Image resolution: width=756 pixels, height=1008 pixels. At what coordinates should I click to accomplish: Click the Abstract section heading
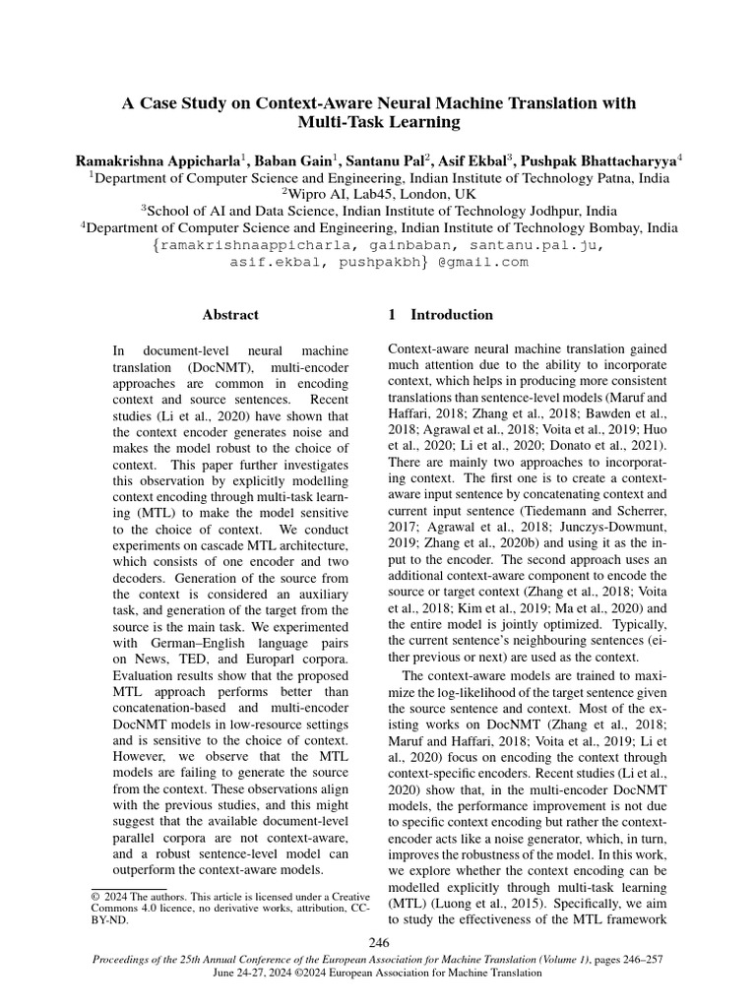[230, 315]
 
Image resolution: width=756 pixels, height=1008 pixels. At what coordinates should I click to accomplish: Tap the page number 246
[378, 943]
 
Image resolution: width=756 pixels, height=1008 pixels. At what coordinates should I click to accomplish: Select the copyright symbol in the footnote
[95, 897]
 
